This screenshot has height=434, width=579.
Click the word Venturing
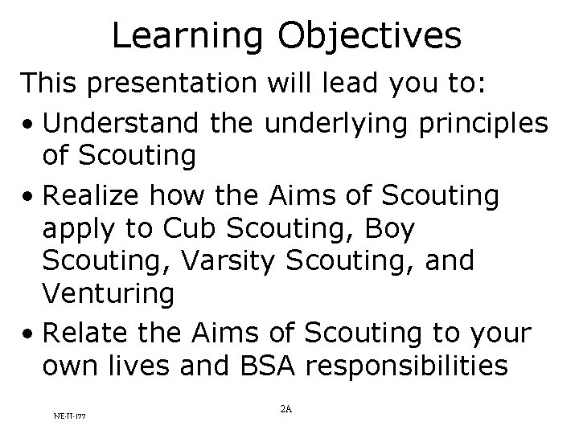(x=109, y=293)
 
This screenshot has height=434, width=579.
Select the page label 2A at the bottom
(x=285, y=409)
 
